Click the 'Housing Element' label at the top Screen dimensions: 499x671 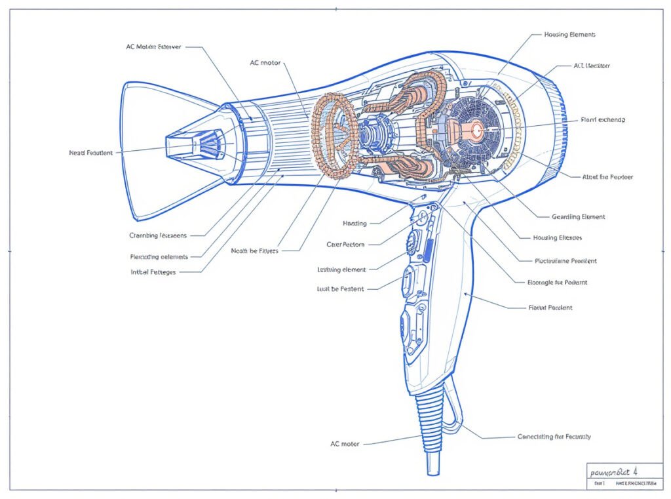[x=569, y=34]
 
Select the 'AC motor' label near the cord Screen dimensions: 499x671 [x=345, y=444]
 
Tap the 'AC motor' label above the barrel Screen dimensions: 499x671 [x=265, y=63]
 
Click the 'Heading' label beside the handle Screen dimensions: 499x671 [x=355, y=224]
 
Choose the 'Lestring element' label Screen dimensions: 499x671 [x=341, y=269]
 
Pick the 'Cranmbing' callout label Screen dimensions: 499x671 [x=158, y=235]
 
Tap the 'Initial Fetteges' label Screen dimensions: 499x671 [x=153, y=271]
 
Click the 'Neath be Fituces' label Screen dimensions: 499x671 [x=255, y=250]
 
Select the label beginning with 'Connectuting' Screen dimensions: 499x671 [x=554, y=437]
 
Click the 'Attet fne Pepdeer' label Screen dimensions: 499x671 [x=607, y=177]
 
